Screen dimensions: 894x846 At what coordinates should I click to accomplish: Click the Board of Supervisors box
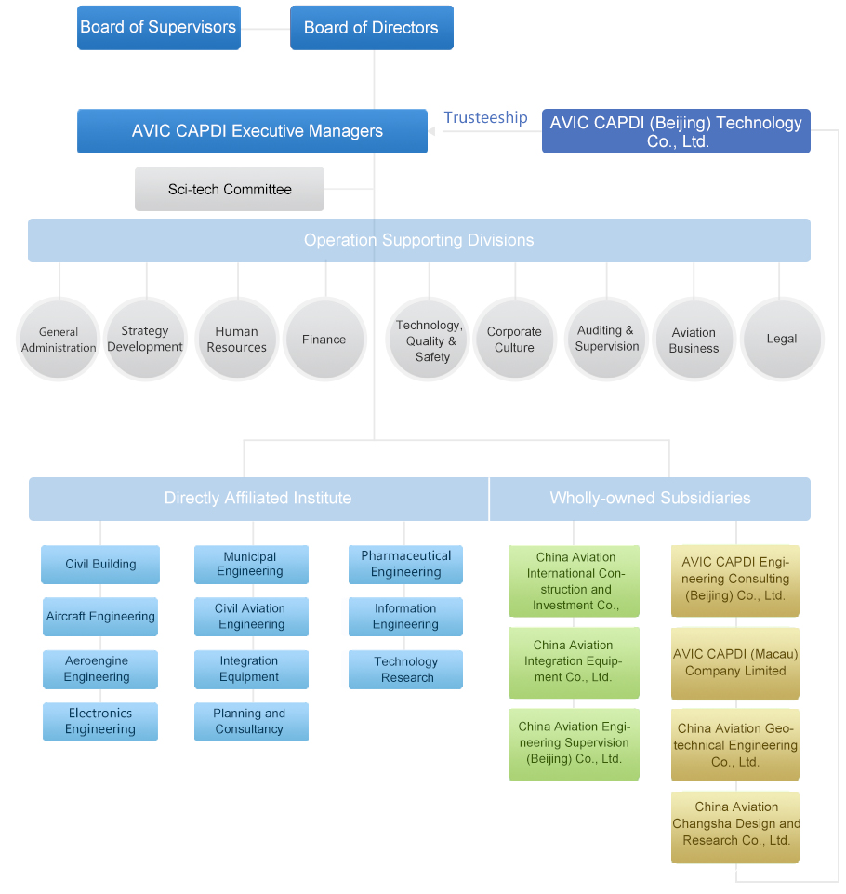158,28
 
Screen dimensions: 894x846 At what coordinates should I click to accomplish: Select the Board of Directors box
371,28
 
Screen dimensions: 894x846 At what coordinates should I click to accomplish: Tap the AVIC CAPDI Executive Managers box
252,131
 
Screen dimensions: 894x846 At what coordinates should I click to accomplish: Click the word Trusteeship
485,117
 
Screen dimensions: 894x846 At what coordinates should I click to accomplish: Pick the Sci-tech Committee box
230,189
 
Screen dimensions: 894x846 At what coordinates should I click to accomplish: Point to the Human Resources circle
236,339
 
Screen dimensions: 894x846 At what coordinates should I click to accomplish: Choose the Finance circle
324,339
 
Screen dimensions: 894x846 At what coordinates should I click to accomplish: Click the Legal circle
781,339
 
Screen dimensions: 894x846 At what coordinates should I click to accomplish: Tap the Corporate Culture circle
514,339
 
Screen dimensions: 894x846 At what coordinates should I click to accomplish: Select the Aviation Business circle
694,339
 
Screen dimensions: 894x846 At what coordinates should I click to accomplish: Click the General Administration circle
59,339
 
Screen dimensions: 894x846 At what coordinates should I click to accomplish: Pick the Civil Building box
100,564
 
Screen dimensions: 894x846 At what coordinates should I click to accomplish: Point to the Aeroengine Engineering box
99,669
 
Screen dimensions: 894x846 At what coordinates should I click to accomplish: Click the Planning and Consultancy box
250,721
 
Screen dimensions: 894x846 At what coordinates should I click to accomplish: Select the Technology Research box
406,670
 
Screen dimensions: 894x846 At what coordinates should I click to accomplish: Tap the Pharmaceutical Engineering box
406,564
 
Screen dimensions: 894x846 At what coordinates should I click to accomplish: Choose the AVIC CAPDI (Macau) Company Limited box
735,662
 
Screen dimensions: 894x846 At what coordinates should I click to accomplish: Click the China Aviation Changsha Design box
735,823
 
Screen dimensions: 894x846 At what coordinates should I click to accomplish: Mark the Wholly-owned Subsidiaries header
650,499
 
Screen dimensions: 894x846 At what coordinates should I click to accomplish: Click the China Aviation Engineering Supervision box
574,742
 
